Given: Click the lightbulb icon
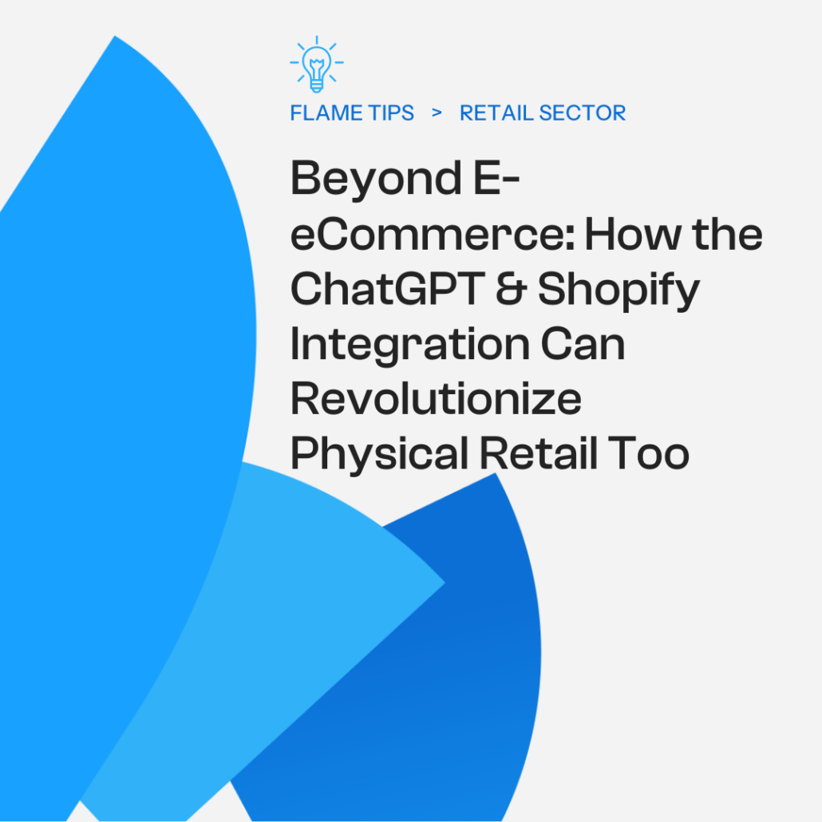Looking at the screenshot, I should (317, 64).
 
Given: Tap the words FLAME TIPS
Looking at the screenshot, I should (352, 113).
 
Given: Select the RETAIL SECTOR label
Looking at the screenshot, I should (543, 113).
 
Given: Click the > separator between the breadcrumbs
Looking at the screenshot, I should (437, 113).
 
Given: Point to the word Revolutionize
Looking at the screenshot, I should (435, 399).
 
